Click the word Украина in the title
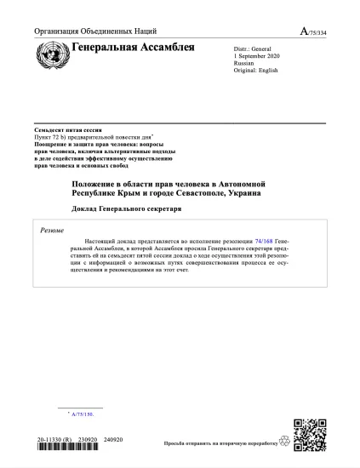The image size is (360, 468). tap(243, 192)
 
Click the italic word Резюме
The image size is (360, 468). tap(54, 230)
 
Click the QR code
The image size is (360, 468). tap(310, 437)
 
